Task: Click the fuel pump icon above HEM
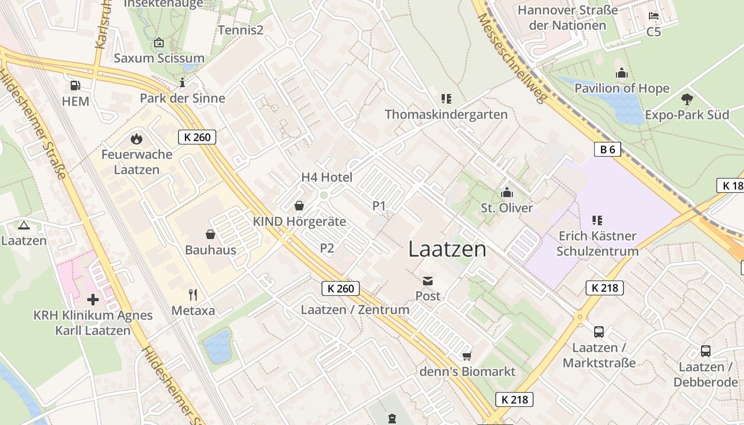point(75,86)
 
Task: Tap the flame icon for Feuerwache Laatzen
point(137,139)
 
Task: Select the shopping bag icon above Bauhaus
point(210,234)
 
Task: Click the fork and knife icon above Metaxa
point(193,294)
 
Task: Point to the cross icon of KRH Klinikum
point(93,300)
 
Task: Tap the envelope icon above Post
point(428,280)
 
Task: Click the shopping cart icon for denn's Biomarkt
point(467,356)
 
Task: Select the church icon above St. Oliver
point(507,192)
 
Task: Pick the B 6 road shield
point(607,150)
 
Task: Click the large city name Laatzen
point(447,249)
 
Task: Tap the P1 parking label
point(379,206)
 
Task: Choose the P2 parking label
point(327,248)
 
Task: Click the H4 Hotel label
point(327,177)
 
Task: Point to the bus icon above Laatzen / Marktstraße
point(599,332)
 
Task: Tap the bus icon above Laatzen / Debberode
point(706,351)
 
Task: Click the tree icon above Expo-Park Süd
point(687,99)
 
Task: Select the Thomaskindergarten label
point(446,114)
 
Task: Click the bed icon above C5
point(654,16)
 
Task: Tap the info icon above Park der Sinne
point(182,82)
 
